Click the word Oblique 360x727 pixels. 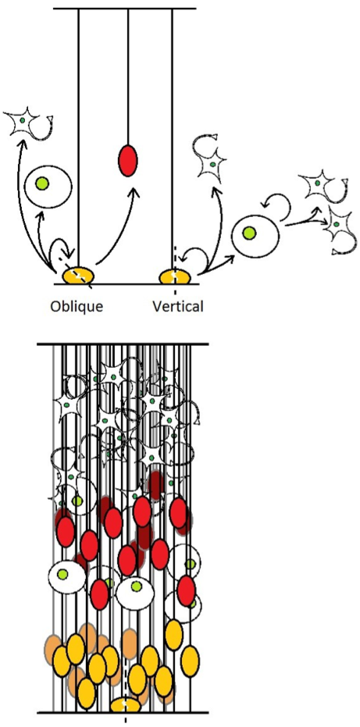pos(77,306)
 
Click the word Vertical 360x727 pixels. pos(178,306)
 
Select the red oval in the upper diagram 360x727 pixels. pos(127,160)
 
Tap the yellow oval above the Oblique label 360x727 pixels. pos(78,276)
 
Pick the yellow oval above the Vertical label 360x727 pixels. pos(175,276)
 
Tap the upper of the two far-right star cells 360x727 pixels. pos(321,184)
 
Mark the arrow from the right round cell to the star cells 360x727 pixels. pos(304,222)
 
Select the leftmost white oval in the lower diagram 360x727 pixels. pos(67,576)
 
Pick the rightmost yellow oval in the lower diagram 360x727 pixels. pos(190,661)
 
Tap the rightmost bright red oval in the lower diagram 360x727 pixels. pos(186,590)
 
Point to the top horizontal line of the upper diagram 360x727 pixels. pos(124,9)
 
